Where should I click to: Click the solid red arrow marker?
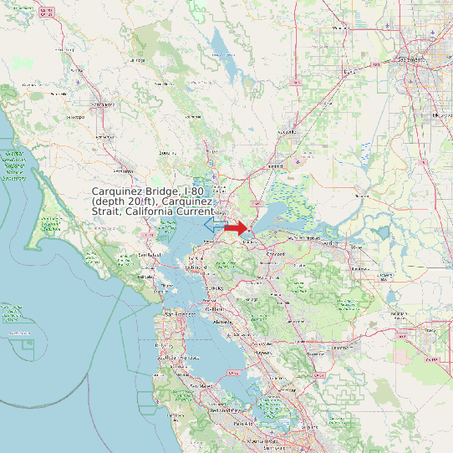click(237, 227)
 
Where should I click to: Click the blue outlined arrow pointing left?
click(214, 226)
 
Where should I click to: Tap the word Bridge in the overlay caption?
click(160, 192)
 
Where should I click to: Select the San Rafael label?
click(149, 253)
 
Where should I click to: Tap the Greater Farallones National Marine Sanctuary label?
click(13, 165)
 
